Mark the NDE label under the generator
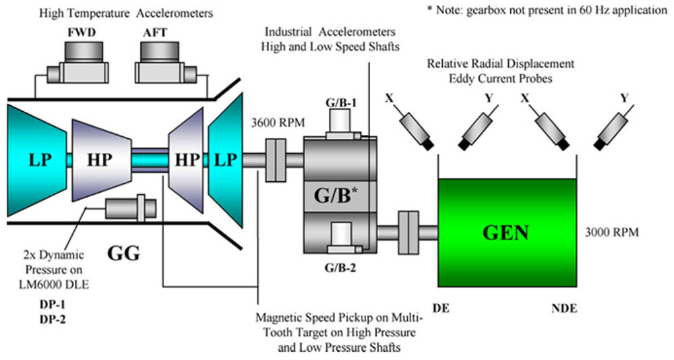pyautogui.click(x=563, y=308)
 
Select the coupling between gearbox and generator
pyautogui.click(x=408, y=232)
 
